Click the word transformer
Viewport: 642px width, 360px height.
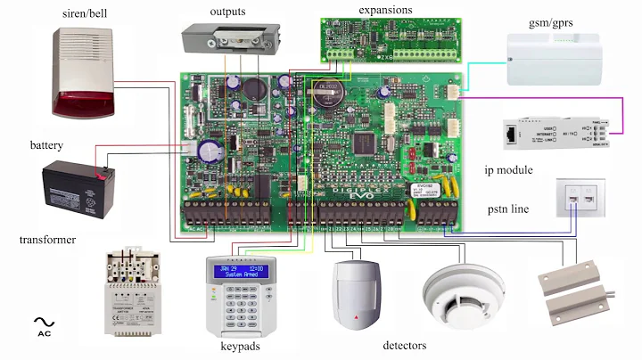click(x=47, y=240)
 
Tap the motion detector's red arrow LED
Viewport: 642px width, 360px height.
click(x=356, y=316)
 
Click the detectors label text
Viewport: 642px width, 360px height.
click(x=404, y=345)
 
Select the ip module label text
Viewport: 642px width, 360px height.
click(x=509, y=169)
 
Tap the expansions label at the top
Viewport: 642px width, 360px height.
click(x=385, y=9)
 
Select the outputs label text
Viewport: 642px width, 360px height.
click(x=228, y=12)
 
